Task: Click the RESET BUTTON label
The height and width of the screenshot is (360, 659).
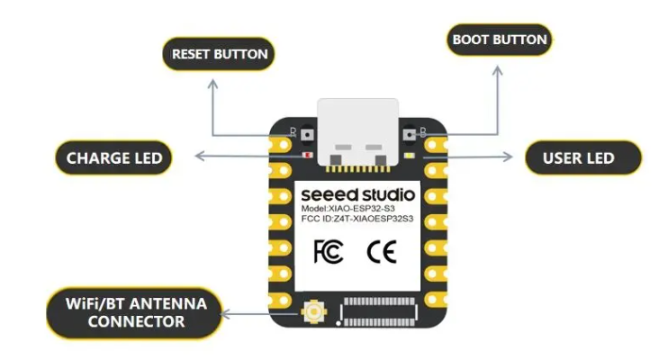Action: (219, 54)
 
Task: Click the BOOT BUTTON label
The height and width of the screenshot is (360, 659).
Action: (500, 40)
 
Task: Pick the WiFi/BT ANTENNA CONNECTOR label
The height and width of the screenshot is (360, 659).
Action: (136, 312)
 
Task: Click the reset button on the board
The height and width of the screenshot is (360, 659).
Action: (307, 135)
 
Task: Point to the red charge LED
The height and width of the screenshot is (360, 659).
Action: (308, 156)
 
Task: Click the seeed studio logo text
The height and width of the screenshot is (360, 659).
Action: (357, 193)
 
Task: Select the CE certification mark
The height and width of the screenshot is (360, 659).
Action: (381, 252)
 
